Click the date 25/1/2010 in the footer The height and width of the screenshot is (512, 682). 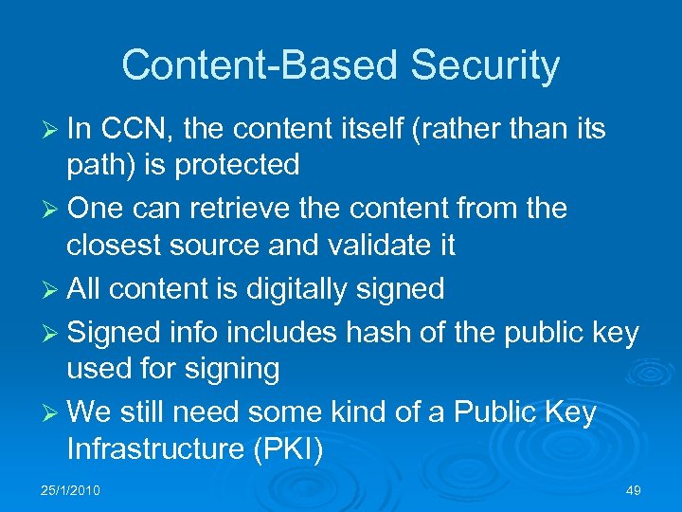point(71,490)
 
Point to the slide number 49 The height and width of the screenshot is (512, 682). point(634,490)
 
